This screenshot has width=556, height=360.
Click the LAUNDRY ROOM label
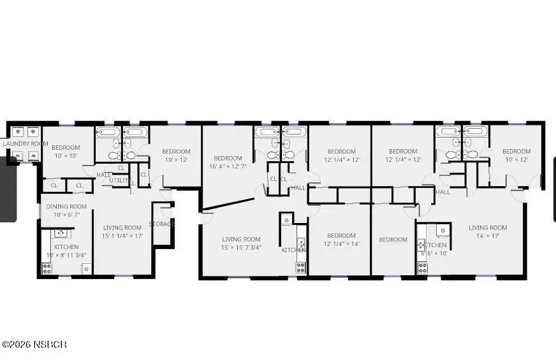click(x=26, y=144)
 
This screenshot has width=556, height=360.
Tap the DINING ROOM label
click(x=66, y=206)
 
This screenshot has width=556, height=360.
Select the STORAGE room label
click(x=162, y=224)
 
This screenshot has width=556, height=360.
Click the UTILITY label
click(x=119, y=181)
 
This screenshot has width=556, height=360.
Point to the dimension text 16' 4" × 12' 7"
click(x=228, y=167)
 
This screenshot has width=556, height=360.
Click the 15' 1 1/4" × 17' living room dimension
click(x=123, y=236)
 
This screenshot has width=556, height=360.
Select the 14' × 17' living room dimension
click(x=488, y=236)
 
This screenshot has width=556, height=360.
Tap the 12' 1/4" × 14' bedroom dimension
click(x=341, y=244)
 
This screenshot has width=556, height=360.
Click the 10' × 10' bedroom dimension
click(x=64, y=156)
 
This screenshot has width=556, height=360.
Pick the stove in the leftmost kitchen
click(x=47, y=269)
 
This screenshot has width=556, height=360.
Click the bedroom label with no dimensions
click(x=393, y=240)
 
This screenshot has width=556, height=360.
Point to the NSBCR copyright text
click(x=34, y=345)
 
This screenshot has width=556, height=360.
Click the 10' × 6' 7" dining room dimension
click(x=66, y=215)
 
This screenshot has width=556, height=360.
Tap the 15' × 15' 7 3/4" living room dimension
click(x=242, y=248)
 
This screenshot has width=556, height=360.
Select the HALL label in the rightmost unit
click(x=443, y=192)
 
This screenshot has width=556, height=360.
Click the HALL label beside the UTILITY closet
click(x=104, y=175)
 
